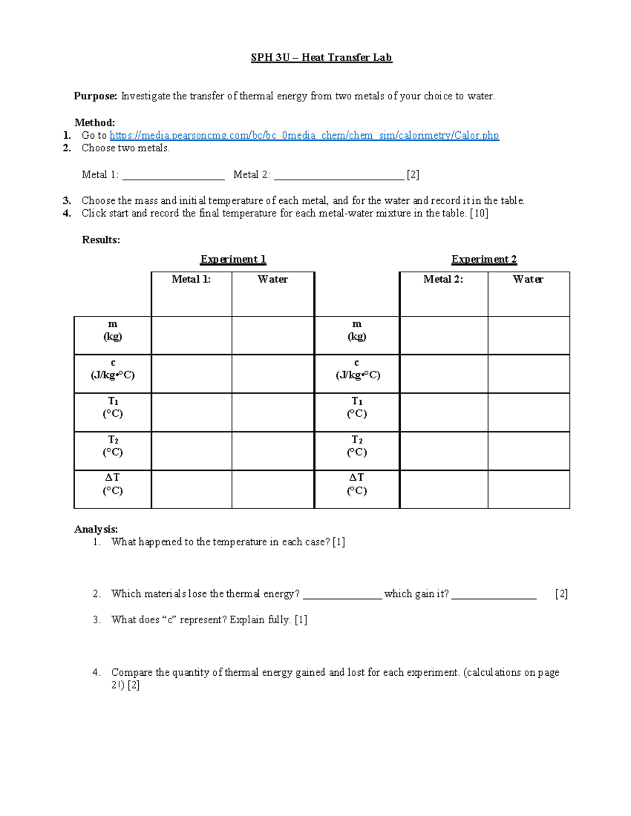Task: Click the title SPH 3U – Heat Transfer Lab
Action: [321, 57]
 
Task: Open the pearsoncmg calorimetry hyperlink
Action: [304, 136]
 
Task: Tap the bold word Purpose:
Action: [95, 96]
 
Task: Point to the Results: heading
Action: [101, 240]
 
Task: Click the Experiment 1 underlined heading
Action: [233, 260]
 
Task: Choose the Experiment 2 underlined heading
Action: [484, 260]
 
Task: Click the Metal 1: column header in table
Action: [191, 280]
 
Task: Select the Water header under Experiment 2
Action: [528, 280]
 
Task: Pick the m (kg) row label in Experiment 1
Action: [113, 330]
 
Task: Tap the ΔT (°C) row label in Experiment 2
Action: [357, 484]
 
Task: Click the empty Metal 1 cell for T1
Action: [191, 412]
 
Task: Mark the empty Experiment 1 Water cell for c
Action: [272, 374]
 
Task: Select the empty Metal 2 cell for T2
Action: [443, 451]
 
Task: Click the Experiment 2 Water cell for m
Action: [528, 335]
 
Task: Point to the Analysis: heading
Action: [96, 529]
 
